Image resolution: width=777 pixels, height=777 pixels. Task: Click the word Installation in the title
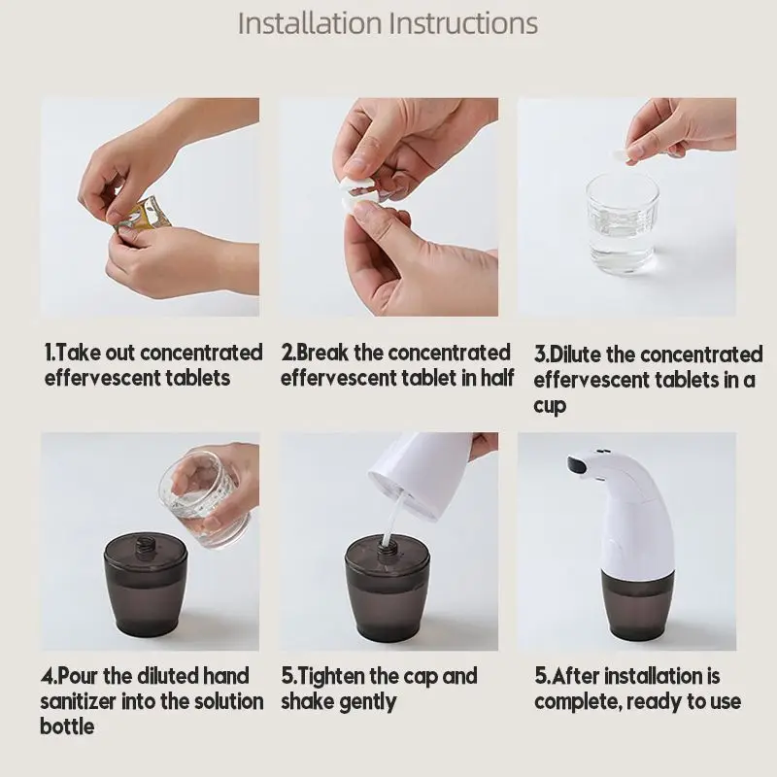[x=310, y=23]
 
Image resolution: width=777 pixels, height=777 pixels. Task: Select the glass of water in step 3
[x=623, y=222]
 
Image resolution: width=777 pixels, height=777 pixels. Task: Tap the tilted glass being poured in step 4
[x=205, y=498]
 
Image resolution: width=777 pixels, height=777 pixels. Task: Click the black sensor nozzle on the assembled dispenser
[x=578, y=465]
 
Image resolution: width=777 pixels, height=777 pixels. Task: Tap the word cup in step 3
[x=550, y=406]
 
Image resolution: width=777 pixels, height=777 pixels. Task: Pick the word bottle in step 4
[x=67, y=726]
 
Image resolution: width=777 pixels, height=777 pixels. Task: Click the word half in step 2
[x=497, y=378]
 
